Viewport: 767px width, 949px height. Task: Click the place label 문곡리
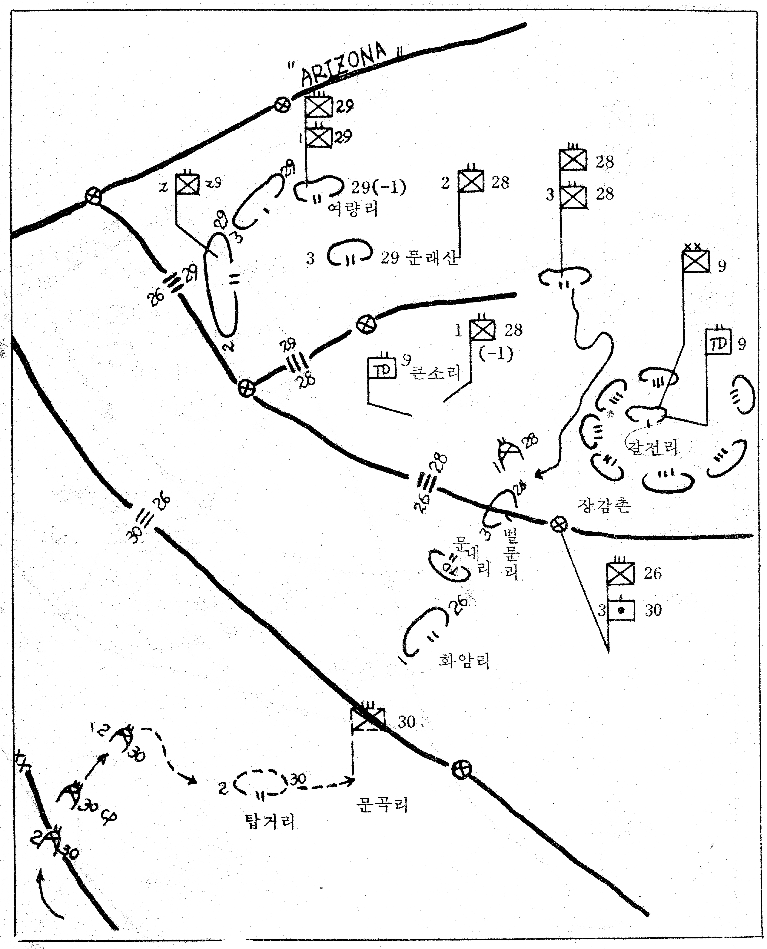pos(382,805)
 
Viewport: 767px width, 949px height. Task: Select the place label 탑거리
pos(270,821)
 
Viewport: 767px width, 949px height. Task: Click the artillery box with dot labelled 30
pos(621,610)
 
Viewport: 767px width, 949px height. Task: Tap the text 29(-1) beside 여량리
pos(379,187)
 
